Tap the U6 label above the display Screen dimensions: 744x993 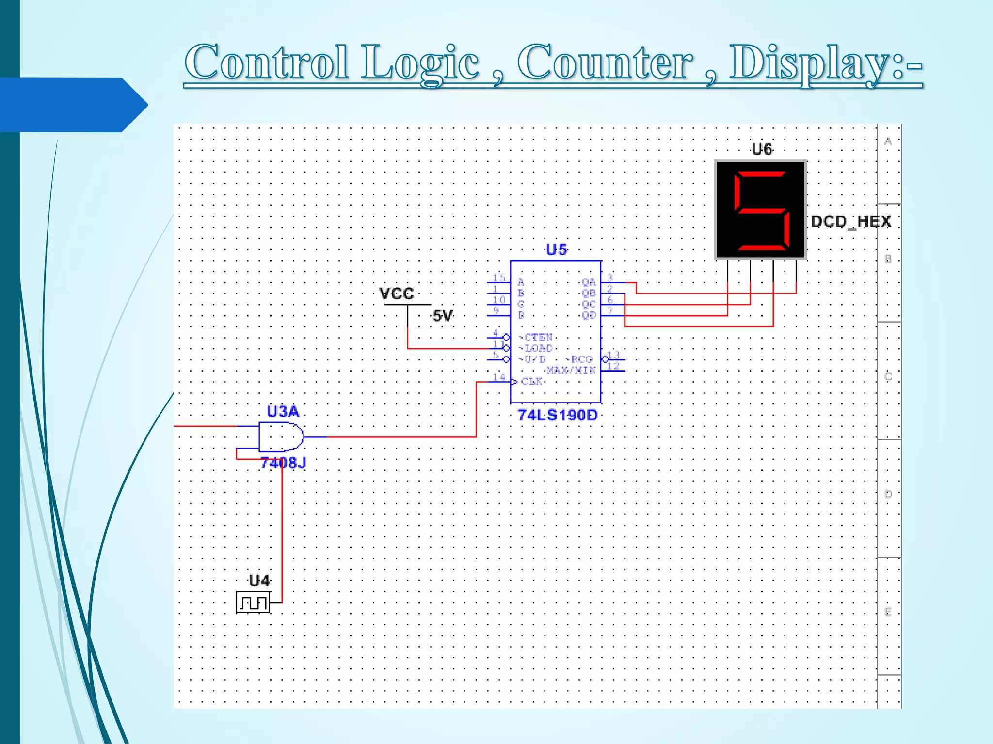(762, 149)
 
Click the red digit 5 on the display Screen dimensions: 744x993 (761, 210)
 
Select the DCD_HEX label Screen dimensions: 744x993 (851, 222)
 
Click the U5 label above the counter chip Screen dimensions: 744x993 (556, 250)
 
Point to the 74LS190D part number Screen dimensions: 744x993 (558, 415)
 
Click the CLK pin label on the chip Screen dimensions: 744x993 (531, 382)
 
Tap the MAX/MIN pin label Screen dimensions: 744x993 (571, 371)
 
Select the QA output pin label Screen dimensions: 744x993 (589, 282)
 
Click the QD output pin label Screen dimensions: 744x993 (589, 315)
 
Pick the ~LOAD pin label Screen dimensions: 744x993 (536, 348)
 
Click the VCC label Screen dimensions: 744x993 (396, 294)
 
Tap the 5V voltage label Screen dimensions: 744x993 (442, 316)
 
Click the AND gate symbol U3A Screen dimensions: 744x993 (280, 437)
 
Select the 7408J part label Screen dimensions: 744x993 (283, 464)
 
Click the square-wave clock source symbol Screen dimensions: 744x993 (253, 603)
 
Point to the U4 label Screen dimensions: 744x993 (259, 581)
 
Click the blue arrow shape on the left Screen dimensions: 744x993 (73, 105)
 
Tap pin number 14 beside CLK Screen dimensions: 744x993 (499, 377)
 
